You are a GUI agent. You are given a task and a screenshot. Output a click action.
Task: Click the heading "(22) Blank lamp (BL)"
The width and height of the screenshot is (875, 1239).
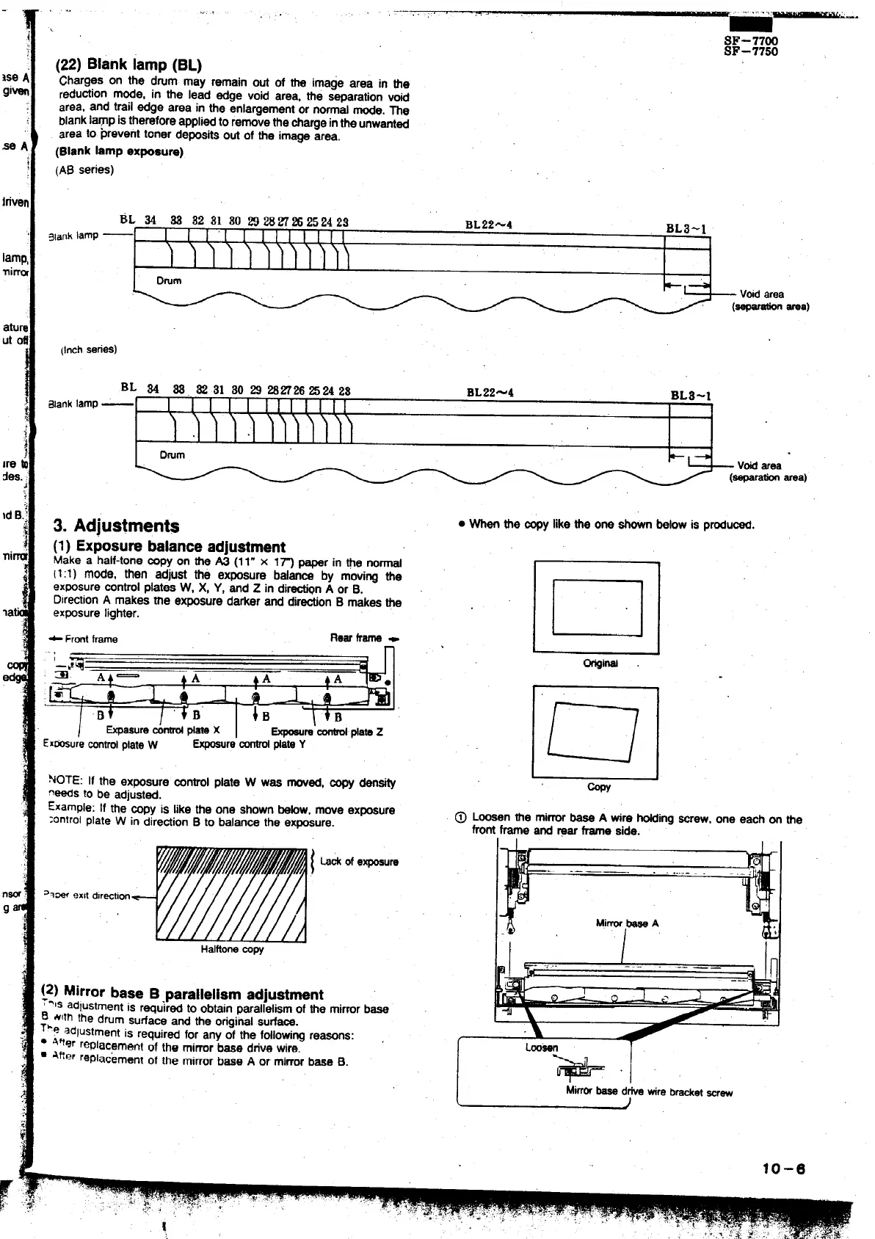click(x=129, y=65)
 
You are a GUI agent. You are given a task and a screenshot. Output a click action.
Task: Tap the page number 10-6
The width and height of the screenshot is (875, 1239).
click(x=783, y=1170)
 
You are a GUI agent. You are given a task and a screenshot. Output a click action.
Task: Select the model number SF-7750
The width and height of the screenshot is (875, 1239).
click(x=751, y=52)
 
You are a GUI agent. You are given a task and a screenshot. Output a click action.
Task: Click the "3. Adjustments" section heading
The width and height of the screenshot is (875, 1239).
click(x=117, y=526)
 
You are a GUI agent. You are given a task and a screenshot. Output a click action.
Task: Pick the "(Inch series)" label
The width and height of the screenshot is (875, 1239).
click(x=88, y=349)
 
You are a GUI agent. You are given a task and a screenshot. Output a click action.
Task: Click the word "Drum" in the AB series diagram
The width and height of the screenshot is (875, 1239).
click(x=169, y=280)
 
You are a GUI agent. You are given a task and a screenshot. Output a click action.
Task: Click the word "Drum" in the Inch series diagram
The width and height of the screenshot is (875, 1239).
click(x=172, y=455)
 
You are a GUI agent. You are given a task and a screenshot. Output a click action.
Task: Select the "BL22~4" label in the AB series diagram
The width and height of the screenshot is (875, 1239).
click(x=488, y=224)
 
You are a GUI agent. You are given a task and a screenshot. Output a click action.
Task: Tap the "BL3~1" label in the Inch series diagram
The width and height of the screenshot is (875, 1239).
click(x=691, y=396)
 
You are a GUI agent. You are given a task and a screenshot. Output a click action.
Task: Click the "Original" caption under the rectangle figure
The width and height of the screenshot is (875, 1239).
click(x=600, y=664)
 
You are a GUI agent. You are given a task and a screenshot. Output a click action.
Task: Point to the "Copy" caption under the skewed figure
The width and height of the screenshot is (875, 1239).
click(x=599, y=787)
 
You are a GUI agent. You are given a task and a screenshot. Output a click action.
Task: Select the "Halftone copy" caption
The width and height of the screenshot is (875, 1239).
click(x=232, y=949)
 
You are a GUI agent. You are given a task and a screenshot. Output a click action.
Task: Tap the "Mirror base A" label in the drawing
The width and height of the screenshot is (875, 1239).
click(x=627, y=923)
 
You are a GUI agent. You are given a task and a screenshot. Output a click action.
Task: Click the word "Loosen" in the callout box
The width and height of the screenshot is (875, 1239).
click(x=542, y=1047)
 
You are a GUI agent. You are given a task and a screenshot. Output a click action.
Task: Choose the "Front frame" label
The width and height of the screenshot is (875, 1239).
click(x=90, y=639)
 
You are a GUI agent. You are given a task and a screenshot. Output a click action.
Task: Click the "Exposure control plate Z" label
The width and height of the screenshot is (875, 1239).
click(x=327, y=732)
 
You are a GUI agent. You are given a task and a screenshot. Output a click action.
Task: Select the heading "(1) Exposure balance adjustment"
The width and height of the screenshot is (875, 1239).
click(x=170, y=547)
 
